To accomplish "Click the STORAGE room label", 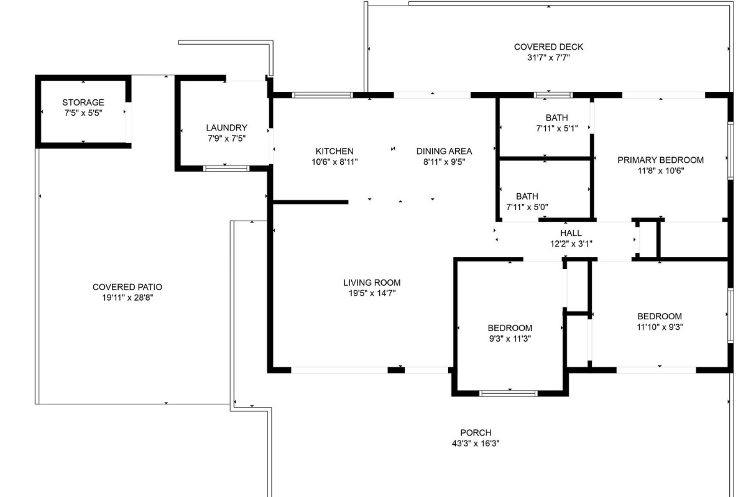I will click(83, 103).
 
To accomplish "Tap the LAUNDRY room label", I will click(227, 128).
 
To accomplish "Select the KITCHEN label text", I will click(334, 151).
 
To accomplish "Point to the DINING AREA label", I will click(444, 151).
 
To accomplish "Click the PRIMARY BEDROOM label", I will click(660, 160).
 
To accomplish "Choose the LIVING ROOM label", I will click(372, 283).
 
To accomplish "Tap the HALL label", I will click(571, 234).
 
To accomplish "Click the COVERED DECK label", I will click(548, 47).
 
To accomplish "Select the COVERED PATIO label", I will click(127, 287).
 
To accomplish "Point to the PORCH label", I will click(476, 433).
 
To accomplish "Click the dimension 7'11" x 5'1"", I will click(556, 129).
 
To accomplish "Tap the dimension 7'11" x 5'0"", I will click(527, 207).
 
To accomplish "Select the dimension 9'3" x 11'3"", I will click(509, 339).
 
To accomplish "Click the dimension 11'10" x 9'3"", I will click(660, 327).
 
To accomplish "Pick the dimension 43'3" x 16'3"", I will click(476, 444).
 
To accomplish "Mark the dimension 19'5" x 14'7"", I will click(372, 293).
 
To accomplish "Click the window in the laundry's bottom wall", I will click(227, 168).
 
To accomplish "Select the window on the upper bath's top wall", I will click(553, 95).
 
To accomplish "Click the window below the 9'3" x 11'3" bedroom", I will click(509, 393).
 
